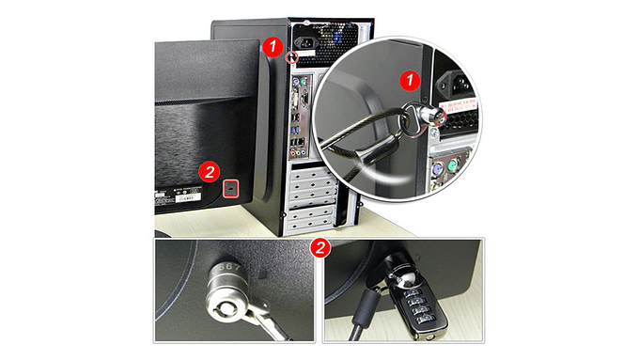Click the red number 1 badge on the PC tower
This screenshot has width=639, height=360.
click(273, 44)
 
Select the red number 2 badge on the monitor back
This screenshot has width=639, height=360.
click(210, 171)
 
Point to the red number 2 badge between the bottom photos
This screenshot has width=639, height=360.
click(320, 248)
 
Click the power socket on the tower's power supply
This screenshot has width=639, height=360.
click(307, 42)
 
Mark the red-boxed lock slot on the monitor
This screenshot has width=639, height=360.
click(232, 188)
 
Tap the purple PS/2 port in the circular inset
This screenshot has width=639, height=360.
click(438, 169)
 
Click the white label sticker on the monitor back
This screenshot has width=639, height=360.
click(189, 198)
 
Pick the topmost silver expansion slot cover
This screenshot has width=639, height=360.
click(315, 172)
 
